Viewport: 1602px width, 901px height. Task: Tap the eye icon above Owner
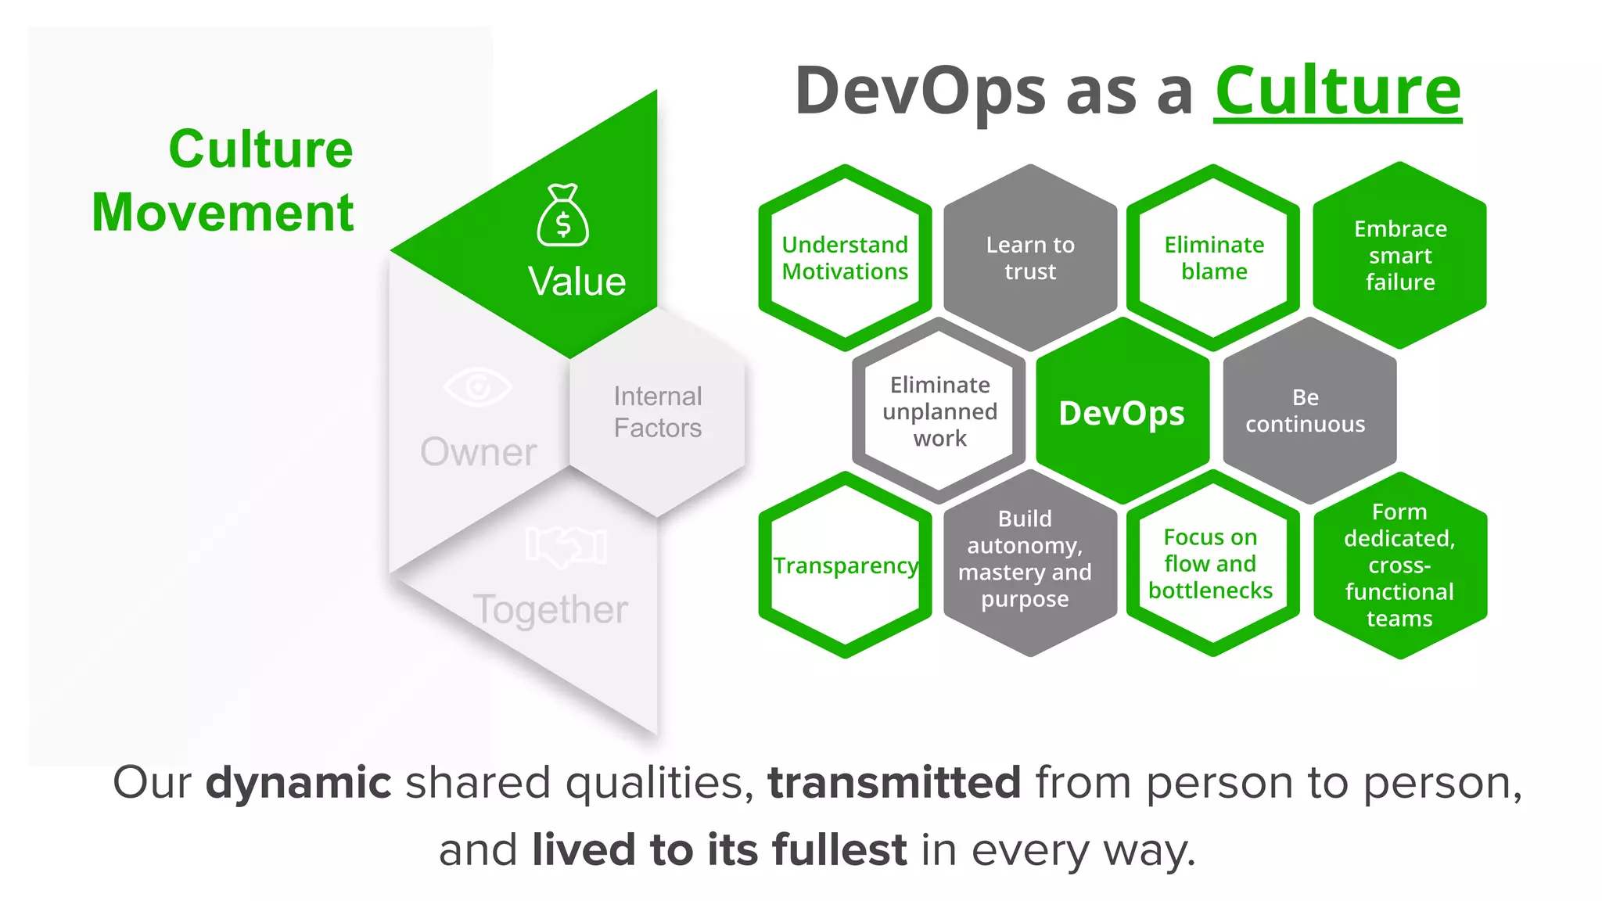[477, 386]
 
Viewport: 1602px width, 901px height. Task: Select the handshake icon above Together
[566, 545]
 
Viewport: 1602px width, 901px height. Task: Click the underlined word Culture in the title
[1338, 92]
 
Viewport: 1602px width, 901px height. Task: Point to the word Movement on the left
[223, 213]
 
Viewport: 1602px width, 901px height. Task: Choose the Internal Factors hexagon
[657, 412]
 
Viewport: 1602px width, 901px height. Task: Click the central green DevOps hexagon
[1122, 412]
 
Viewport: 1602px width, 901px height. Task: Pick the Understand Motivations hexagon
[845, 257]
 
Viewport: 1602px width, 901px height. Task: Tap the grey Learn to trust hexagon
[1030, 257]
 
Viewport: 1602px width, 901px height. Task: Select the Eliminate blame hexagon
[1214, 257]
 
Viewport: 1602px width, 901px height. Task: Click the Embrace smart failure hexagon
[1400, 256]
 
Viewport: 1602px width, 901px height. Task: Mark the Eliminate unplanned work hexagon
[939, 411]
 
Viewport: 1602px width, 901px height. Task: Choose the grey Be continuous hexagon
[1306, 411]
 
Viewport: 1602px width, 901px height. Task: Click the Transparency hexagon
[845, 565]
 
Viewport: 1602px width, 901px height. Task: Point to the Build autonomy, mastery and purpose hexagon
[1025, 558]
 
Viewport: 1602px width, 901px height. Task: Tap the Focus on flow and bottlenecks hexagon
[1211, 564]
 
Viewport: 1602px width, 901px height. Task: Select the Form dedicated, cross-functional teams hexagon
[1399, 565]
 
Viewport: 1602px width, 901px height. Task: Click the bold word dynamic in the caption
[298, 783]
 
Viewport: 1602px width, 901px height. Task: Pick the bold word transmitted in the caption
[894, 783]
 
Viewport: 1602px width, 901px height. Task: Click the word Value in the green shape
[577, 282]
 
